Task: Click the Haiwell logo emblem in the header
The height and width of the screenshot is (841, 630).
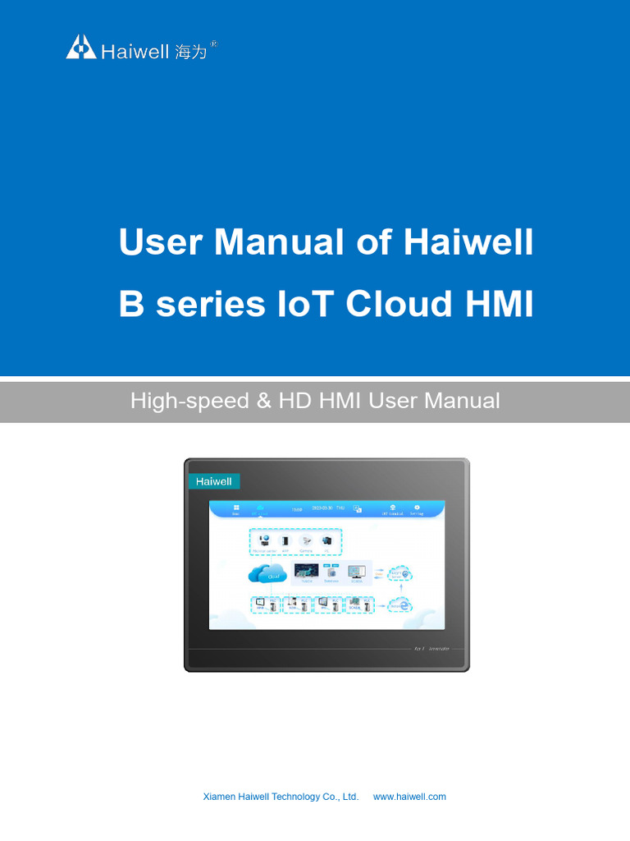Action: tap(81, 47)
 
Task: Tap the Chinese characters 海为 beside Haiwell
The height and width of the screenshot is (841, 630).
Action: tap(191, 52)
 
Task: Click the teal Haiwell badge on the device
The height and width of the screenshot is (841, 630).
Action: tap(213, 481)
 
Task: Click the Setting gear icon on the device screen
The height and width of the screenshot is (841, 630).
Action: tap(417, 508)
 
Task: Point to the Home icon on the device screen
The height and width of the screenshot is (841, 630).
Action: tap(235, 508)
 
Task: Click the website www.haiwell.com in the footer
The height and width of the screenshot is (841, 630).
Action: tap(409, 797)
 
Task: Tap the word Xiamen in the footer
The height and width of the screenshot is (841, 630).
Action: tap(220, 797)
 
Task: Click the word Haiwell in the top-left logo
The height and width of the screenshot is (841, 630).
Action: tap(136, 52)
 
